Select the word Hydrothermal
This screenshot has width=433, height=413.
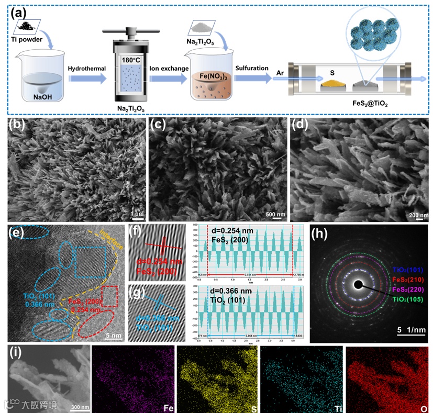pos(86,69)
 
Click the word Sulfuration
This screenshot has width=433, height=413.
pos(252,69)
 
